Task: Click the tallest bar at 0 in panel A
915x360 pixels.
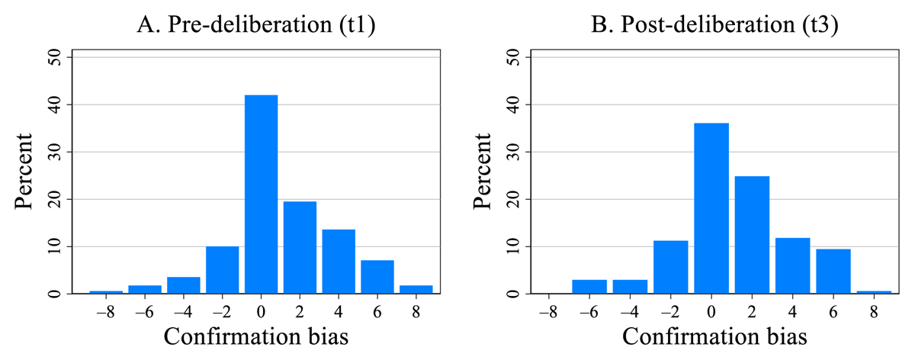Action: [261, 194]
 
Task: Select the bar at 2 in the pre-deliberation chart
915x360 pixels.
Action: [300, 248]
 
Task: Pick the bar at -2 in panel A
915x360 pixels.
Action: [222, 270]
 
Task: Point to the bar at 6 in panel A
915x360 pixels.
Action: [377, 277]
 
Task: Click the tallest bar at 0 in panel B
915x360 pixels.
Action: [712, 208]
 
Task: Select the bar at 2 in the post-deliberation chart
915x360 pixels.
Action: [751, 235]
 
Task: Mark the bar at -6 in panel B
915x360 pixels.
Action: [589, 287]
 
